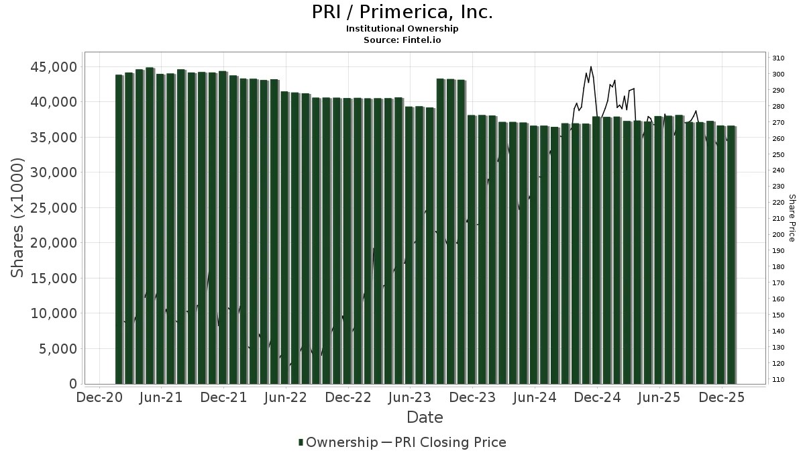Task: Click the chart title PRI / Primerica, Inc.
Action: (x=402, y=12)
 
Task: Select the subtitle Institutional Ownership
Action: (x=402, y=29)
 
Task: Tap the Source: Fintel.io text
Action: (x=402, y=40)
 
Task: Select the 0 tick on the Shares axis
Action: (x=73, y=384)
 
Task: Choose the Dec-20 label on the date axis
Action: (x=99, y=397)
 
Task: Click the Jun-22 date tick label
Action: (x=286, y=397)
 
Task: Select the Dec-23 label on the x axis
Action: (x=473, y=397)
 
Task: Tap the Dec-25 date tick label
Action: (x=722, y=397)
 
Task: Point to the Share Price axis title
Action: (x=792, y=218)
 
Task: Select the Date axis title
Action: (x=425, y=417)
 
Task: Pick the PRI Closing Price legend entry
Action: (x=449, y=442)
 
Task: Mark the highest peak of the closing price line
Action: (x=591, y=66)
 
